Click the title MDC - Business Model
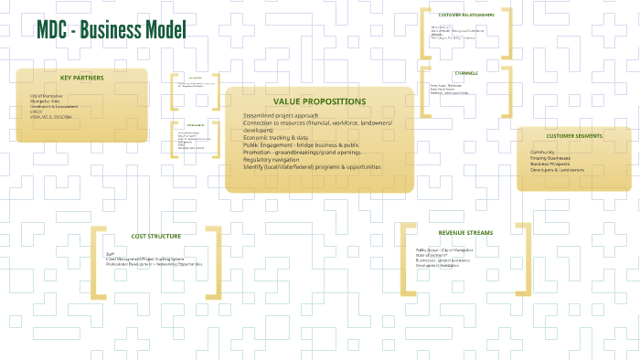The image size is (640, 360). [x=111, y=30]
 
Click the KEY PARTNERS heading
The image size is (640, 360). [x=82, y=78]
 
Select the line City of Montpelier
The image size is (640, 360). [x=47, y=95]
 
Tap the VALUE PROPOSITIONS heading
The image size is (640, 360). [x=319, y=101]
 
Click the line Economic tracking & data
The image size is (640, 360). [x=275, y=137]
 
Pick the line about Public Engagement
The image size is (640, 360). [x=301, y=144]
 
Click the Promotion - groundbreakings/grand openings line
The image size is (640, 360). [x=302, y=153]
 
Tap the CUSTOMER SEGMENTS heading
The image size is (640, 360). [x=574, y=135]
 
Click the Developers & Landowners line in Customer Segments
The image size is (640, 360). [x=557, y=170]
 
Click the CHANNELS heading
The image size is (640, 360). [x=465, y=73]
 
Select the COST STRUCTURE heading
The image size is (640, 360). [x=155, y=236]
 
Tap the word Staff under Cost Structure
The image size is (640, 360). [x=110, y=254]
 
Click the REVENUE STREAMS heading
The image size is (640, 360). [x=465, y=233]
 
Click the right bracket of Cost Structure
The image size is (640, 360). [x=214, y=262]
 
